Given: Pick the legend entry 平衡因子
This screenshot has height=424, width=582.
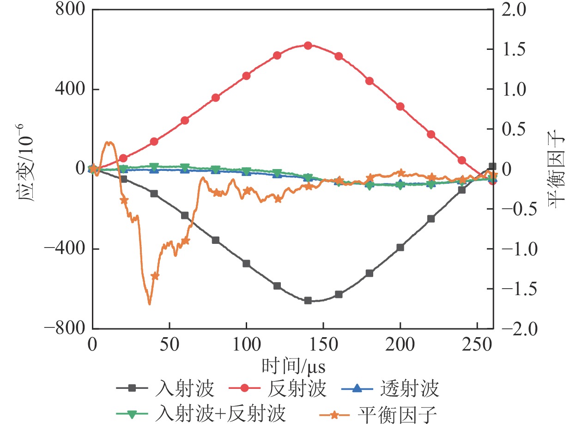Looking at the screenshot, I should point(397,412).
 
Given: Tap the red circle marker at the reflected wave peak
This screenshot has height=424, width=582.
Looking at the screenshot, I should point(308,45).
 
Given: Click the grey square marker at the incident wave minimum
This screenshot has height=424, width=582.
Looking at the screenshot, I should point(308,301).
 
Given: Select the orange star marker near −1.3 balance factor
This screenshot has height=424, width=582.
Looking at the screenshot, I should point(155,276).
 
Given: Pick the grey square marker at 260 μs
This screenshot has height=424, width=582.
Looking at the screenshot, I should point(492,166).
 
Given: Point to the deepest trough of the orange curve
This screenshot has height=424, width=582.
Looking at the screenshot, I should point(149,304).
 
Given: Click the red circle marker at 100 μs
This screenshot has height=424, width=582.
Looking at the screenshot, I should point(246,76).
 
